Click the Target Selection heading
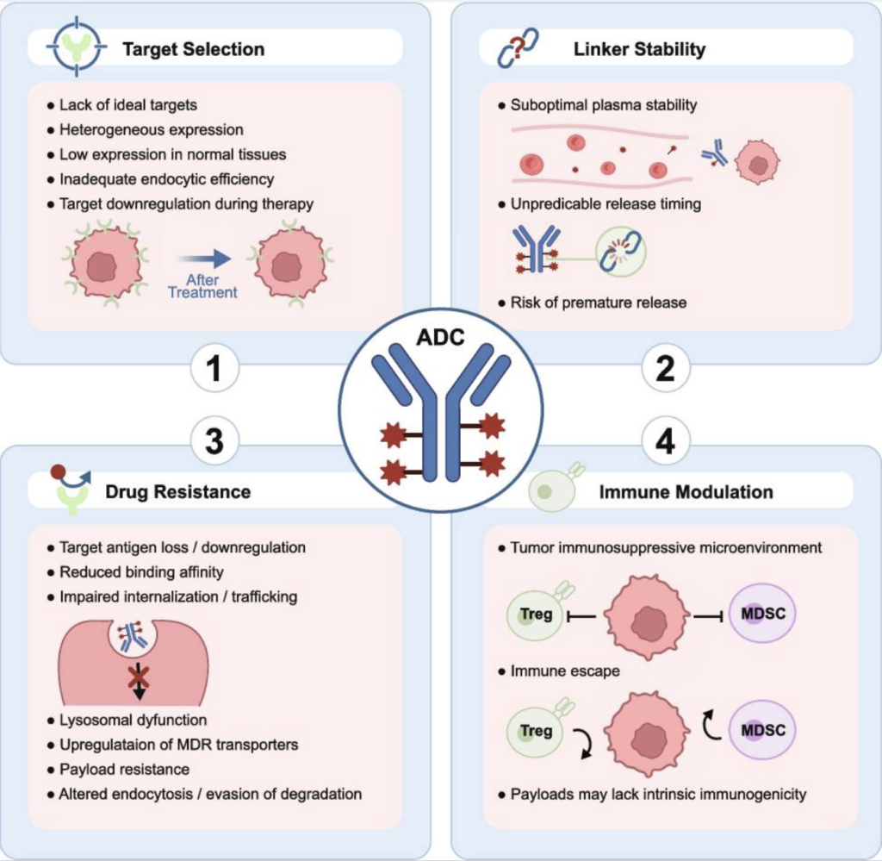tap(193, 48)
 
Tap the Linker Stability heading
tap(639, 48)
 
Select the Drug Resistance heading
tap(177, 492)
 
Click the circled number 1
tap(213, 371)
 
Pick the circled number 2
tap(666, 371)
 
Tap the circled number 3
tap(213, 442)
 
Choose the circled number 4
tap(666, 442)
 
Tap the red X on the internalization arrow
tap(136, 678)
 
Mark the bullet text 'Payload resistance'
tap(124, 769)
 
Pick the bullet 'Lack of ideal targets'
tap(127, 105)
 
